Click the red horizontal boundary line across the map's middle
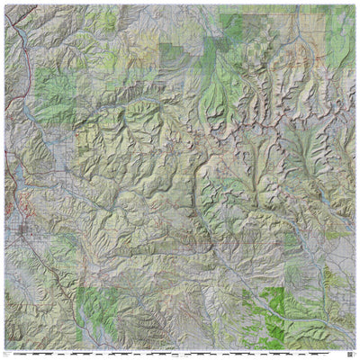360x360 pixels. point(243,242)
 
